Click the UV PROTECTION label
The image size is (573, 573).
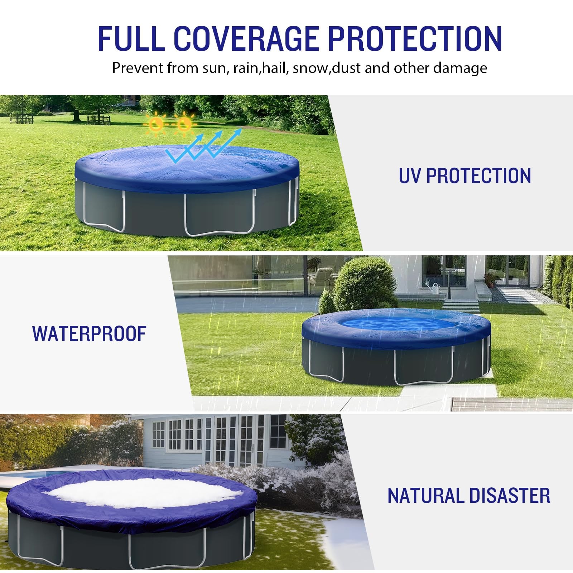tap(465, 176)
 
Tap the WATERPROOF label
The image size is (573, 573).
tap(90, 333)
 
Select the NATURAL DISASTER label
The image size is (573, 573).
tap(469, 496)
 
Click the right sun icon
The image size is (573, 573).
tap(184, 124)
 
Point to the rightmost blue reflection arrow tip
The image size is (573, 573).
tap(240, 129)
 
